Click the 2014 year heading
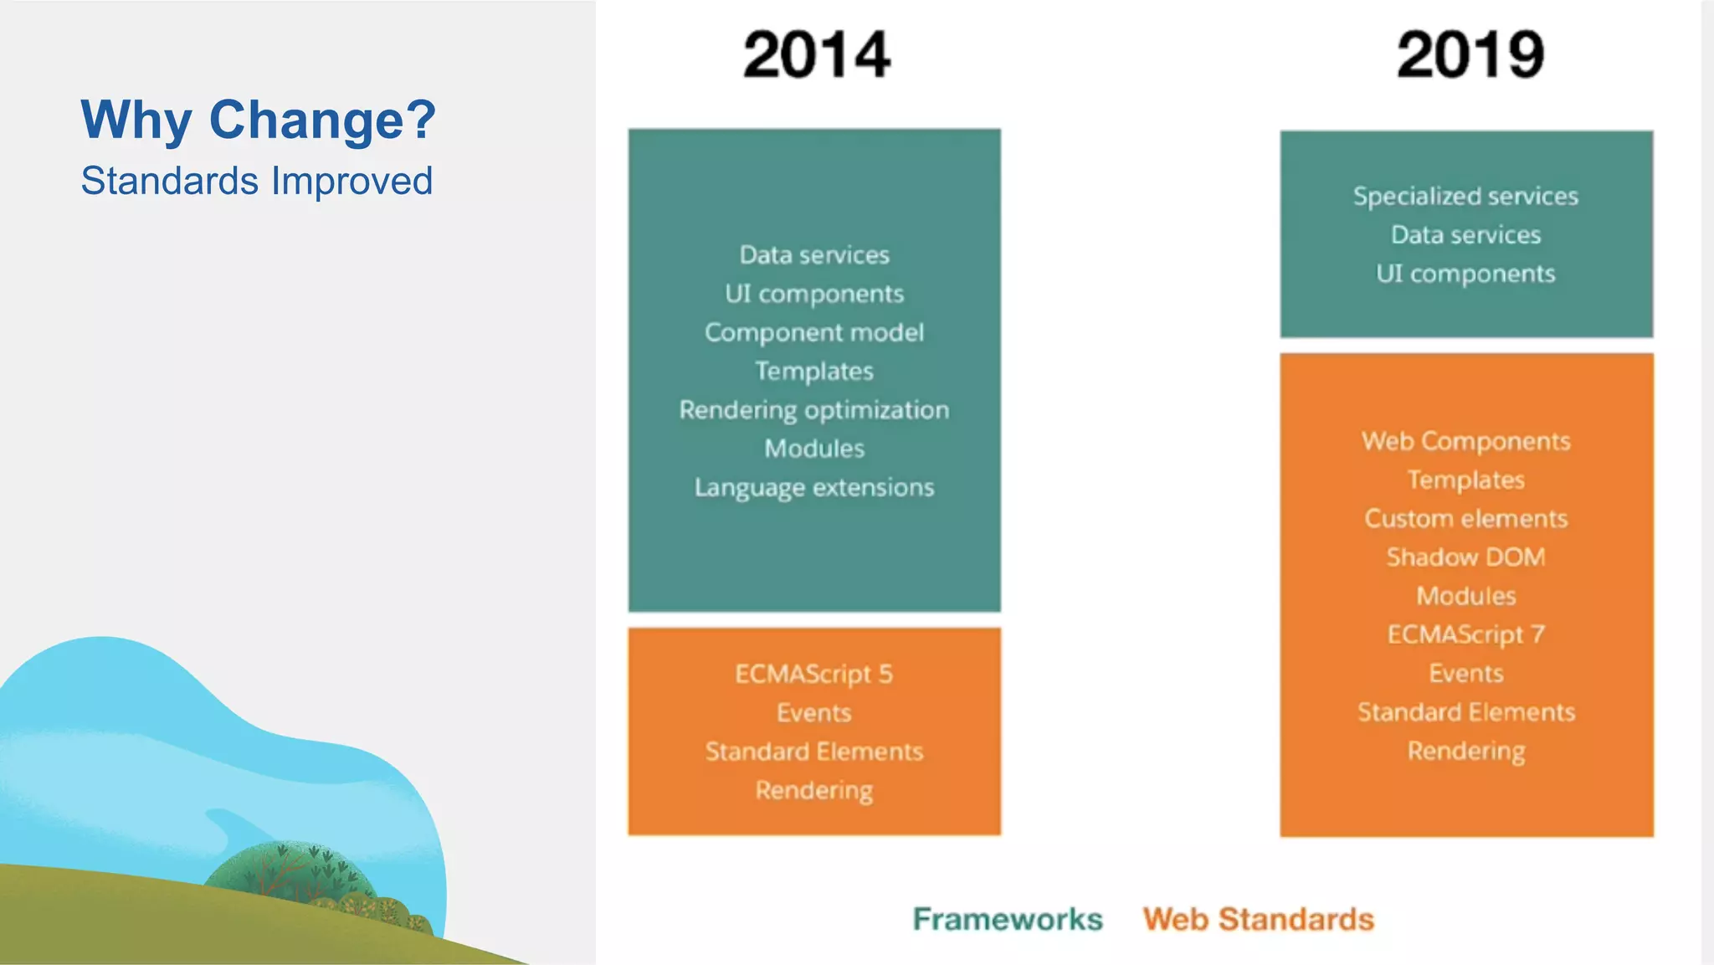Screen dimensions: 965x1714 (x=816, y=55)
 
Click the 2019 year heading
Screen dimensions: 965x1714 (x=1470, y=55)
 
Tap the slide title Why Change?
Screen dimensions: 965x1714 (x=258, y=120)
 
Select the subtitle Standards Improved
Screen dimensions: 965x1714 (x=256, y=181)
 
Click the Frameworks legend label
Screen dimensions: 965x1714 (x=1007, y=919)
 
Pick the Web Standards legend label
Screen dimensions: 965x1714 (x=1258, y=919)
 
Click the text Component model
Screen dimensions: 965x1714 (x=813, y=332)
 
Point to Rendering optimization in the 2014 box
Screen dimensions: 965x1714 (x=813, y=410)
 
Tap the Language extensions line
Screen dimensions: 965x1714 (x=813, y=487)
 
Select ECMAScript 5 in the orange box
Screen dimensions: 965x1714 (x=813, y=674)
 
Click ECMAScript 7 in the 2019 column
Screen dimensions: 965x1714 (x=1465, y=634)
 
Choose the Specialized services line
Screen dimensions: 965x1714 (x=1465, y=196)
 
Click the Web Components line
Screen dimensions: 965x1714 (x=1465, y=441)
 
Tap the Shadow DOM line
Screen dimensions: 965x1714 (x=1465, y=557)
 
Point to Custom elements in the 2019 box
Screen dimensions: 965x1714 (x=1465, y=519)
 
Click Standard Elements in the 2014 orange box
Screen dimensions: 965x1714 (x=813, y=752)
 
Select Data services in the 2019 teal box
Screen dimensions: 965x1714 (x=1465, y=235)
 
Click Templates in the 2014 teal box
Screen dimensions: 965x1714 (x=813, y=371)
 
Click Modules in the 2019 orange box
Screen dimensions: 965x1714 (x=1465, y=596)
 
